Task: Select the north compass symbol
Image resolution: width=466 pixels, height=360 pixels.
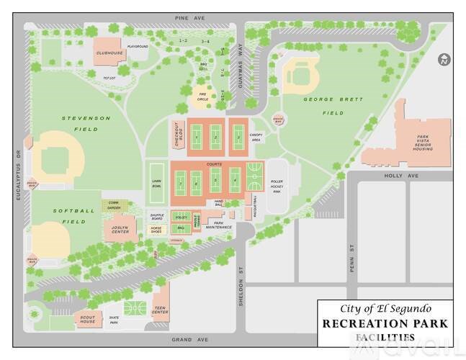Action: click(x=443, y=59)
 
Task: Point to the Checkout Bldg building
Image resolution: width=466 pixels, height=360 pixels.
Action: click(x=177, y=135)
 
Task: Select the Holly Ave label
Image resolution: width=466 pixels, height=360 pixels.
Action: click(x=397, y=175)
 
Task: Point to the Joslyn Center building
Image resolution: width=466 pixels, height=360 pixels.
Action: click(x=120, y=230)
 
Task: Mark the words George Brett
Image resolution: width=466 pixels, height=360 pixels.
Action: click(x=322, y=99)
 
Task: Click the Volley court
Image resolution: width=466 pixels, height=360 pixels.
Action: click(x=181, y=217)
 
